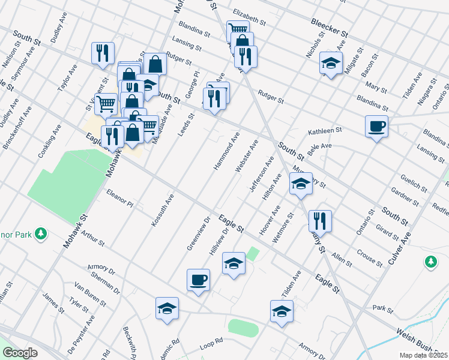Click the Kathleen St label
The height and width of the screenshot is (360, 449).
325,130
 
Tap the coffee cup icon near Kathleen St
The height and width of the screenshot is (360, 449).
376,127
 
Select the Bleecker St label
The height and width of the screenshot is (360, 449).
330,28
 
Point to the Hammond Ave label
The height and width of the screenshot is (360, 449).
226,150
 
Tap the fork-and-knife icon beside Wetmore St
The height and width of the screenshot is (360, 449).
320,221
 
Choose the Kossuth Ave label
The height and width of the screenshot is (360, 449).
162,210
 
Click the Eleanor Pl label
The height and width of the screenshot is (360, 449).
119,198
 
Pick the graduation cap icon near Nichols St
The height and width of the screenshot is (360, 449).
330,65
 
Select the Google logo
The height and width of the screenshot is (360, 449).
20,352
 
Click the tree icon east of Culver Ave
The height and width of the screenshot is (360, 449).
430,262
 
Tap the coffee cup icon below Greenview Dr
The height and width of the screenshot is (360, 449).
198,280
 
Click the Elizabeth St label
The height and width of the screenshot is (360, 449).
249,13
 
